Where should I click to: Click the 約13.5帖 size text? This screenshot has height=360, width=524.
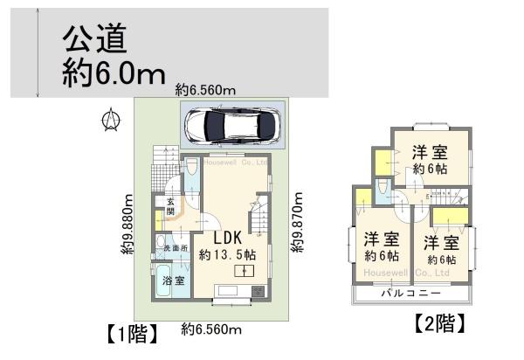tap(227, 255)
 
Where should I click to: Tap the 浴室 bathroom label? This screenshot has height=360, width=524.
tap(173, 280)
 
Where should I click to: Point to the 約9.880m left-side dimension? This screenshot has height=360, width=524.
tap(128, 222)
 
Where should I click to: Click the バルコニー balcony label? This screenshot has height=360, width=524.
tap(410, 293)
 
